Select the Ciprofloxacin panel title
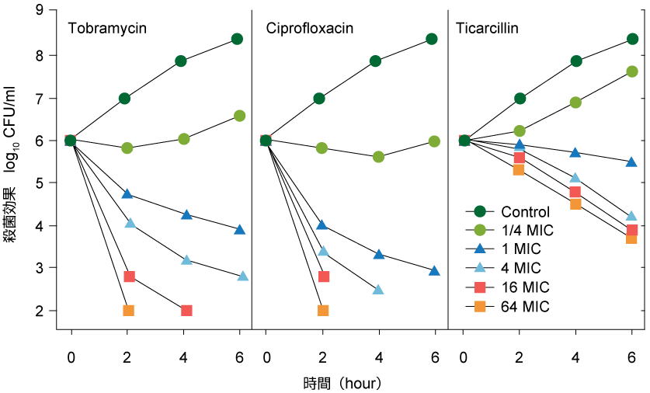tap(310, 30)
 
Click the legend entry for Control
tap(525, 212)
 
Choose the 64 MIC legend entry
tap(525, 307)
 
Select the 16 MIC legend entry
tap(525, 287)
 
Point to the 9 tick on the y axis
tap(40, 12)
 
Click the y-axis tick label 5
tap(40, 183)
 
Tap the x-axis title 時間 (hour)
tap(342, 383)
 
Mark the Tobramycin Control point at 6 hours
tap(237, 39)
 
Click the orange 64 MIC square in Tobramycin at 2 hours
tap(129, 311)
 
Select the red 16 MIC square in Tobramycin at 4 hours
tap(186, 311)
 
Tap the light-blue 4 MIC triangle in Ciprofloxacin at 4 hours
tap(378, 290)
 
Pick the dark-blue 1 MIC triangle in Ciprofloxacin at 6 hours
tap(434, 271)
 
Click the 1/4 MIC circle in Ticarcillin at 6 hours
tap(631, 71)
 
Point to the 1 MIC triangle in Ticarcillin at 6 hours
tap(631, 162)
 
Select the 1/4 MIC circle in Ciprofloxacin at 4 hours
tap(378, 157)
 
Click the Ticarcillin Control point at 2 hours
tap(520, 99)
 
